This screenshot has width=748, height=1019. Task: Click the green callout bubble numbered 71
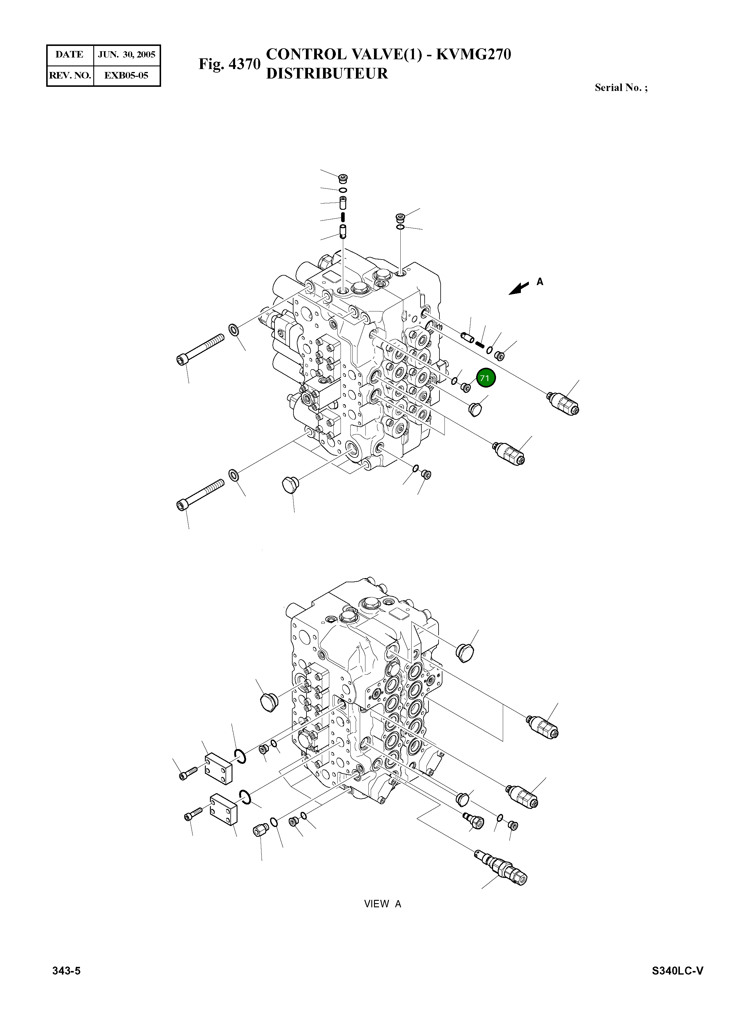click(x=485, y=378)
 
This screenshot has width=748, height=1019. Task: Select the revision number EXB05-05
click(x=126, y=75)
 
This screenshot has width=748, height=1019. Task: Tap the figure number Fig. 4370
click(x=229, y=64)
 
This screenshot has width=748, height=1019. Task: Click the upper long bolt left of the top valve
click(x=199, y=348)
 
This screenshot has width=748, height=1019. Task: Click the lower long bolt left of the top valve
click(x=199, y=494)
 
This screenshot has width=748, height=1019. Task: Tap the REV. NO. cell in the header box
click(x=70, y=75)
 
